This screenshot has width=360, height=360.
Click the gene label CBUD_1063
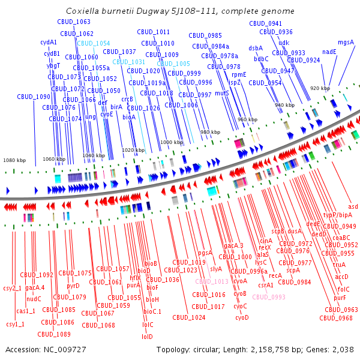coord(74,22)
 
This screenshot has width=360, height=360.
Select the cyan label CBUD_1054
coord(93,43)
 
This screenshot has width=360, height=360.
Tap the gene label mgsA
coord(346,42)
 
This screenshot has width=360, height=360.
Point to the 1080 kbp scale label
coord(14,161)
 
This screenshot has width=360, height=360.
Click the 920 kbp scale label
coord(320,88)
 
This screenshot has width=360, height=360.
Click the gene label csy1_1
coord(15,324)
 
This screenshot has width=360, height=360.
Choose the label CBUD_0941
coord(265,23)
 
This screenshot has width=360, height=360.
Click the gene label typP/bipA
coord(338,215)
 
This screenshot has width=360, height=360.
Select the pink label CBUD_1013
coord(211,281)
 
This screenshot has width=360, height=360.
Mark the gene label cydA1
coord(49,43)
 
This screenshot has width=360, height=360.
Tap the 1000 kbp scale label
coord(172,142)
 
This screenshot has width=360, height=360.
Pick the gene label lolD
coord(147,337)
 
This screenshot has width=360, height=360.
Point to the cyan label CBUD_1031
coord(128,62)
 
